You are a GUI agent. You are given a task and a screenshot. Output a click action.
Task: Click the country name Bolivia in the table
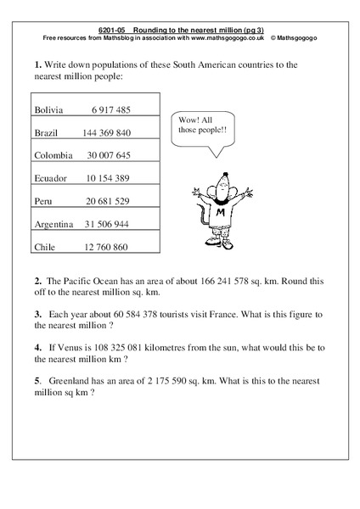[48, 110]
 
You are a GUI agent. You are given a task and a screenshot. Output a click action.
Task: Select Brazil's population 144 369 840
[106, 133]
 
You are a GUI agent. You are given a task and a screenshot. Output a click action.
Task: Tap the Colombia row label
[53, 156]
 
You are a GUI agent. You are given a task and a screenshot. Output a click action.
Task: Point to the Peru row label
[44, 201]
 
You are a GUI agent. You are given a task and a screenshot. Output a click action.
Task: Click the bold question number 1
[38, 64]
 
